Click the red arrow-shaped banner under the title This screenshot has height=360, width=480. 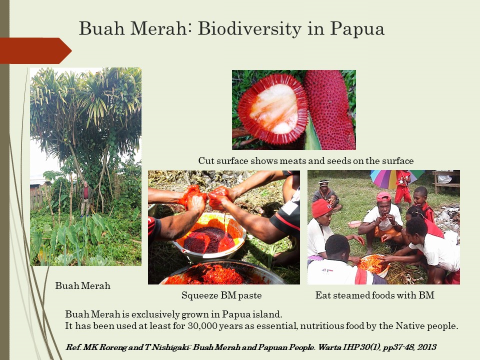coord(35,50)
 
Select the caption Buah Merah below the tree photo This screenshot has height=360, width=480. coord(82,285)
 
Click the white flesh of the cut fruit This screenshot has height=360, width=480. coord(273,108)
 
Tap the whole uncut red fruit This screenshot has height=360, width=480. coord(329,109)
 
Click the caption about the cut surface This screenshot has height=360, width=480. coord(306,160)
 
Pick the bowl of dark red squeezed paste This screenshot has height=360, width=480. coord(209,237)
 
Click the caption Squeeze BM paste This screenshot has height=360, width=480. coord(221,295)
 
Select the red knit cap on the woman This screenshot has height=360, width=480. coord(321,207)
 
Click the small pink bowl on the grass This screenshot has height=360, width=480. coord(354,224)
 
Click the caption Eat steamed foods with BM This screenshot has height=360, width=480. coord(374,295)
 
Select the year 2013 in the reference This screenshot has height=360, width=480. coord(426,347)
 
